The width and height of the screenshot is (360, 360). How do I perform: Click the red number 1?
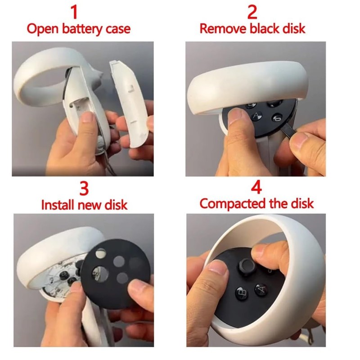coord(78,11)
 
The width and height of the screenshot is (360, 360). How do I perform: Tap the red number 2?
coord(252,11)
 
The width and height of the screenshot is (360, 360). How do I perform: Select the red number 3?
coord(84,186)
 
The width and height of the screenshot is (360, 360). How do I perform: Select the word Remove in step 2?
coord(220,29)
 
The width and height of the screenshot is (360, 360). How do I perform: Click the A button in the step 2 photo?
coord(257,116)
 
